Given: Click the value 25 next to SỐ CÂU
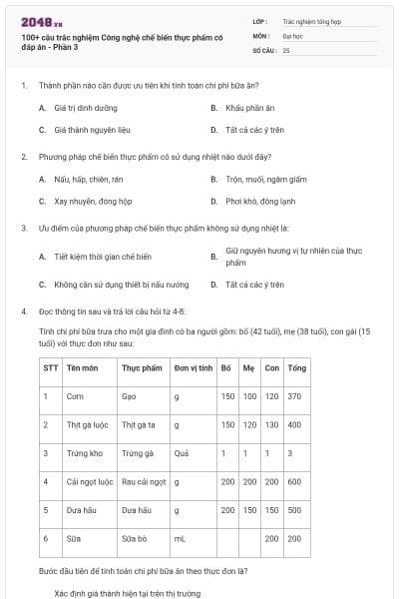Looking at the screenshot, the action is click(x=286, y=49).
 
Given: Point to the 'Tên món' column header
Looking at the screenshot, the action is click(x=82, y=367).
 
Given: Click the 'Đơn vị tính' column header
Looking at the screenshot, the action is click(x=194, y=367).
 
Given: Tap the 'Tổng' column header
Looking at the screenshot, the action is click(x=296, y=367).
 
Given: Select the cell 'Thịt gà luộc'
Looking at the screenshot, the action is click(x=86, y=424).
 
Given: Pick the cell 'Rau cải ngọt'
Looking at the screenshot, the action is click(x=143, y=481).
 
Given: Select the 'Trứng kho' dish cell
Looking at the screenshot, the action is click(x=82, y=453).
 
